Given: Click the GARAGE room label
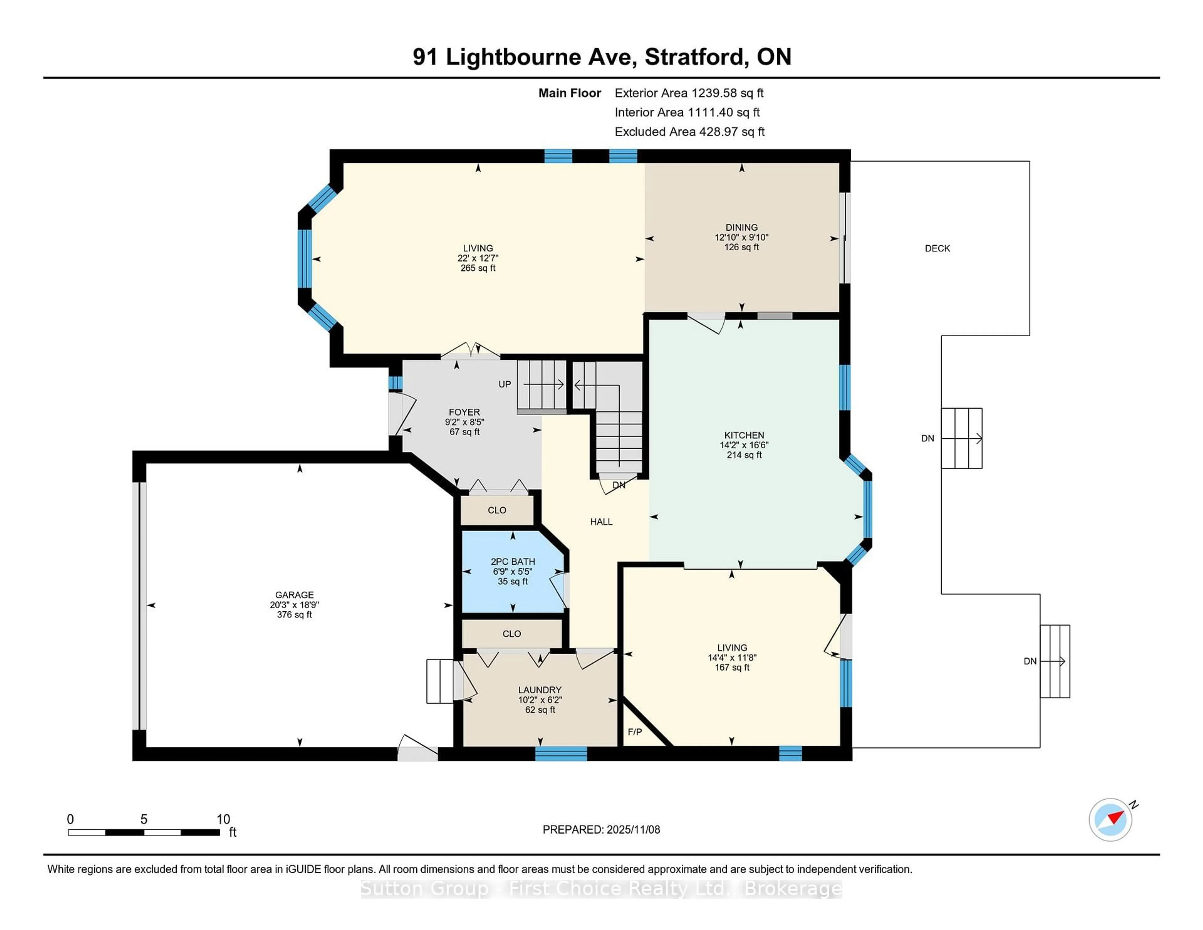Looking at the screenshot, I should [x=294, y=594].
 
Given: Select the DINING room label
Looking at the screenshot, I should [x=742, y=227].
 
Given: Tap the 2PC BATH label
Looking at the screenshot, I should [x=513, y=562].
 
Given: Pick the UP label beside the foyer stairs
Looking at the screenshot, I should [x=505, y=384].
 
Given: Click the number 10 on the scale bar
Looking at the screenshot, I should [x=223, y=819].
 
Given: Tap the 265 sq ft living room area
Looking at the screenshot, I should [x=477, y=268].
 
